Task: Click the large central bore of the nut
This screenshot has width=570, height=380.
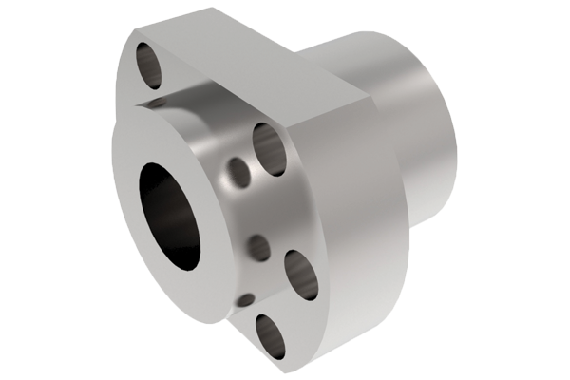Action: [x=170, y=215]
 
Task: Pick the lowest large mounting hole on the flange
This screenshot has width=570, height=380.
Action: [x=270, y=334]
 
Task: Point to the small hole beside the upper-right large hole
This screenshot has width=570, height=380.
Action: [x=238, y=173]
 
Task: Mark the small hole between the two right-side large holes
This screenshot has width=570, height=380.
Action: [x=258, y=249]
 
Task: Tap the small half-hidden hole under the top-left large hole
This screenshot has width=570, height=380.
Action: [x=158, y=102]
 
